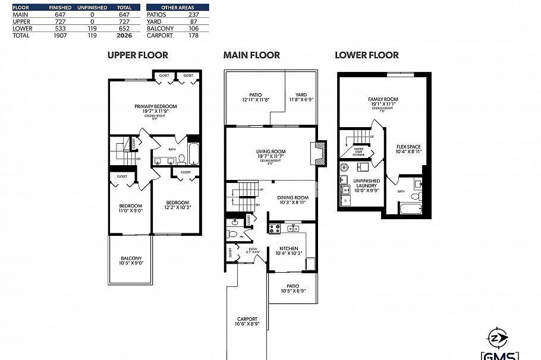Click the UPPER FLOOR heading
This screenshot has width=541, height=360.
point(137,55)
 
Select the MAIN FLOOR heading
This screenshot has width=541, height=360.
point(251,55)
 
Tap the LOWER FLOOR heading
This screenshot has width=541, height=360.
point(366,55)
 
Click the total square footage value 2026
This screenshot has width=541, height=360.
point(124,36)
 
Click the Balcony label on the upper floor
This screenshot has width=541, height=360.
point(131,260)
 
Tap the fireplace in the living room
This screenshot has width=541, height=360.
point(320,153)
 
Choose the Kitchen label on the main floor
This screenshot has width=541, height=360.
point(289,250)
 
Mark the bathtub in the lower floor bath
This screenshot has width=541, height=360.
point(411,209)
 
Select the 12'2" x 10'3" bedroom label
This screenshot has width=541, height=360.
point(177,204)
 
